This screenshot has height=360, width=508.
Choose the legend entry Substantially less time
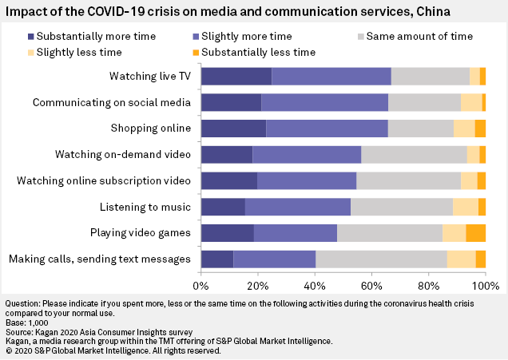click(250, 53)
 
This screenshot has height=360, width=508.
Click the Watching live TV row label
click(150, 76)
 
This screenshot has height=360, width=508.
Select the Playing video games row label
click(146, 233)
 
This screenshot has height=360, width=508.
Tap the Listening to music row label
click(145, 207)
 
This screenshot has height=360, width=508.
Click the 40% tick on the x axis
click(315, 284)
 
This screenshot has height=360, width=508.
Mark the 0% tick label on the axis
click(202, 284)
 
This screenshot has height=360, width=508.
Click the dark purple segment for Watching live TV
click(236, 76)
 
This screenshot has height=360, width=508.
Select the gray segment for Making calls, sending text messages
click(381, 259)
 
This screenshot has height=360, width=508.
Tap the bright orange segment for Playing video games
click(475, 233)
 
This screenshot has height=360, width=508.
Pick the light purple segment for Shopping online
click(327, 129)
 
